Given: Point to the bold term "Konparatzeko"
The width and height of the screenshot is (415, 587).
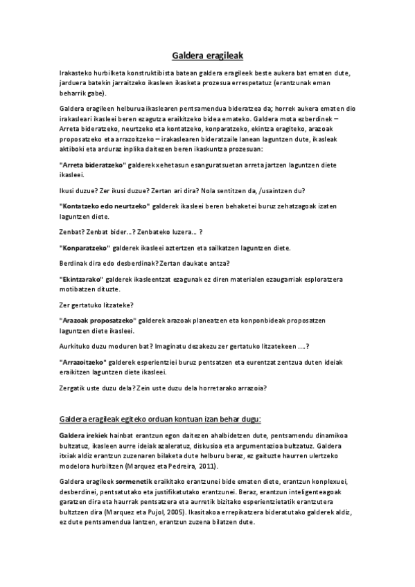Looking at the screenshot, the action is click(x=85, y=248).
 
